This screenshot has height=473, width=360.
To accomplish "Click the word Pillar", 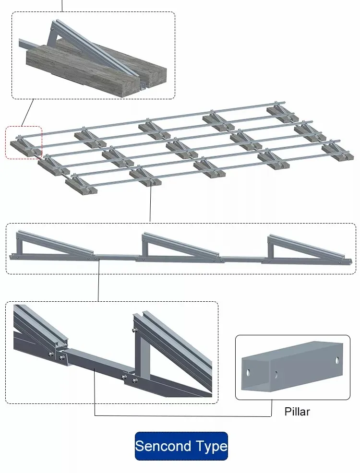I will tap(297, 412).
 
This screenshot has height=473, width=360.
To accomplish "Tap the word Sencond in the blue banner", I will tap(163, 446).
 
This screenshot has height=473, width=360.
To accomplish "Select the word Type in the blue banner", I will tap(211, 447).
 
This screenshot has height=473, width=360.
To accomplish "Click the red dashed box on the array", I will tap(24, 142).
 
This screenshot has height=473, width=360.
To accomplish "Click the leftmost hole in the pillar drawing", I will tap(249, 372).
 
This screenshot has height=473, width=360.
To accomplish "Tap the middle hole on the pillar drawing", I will tap(276, 375).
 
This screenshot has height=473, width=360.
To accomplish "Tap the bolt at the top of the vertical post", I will tap(136, 330).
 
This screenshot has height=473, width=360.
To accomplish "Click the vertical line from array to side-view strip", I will tap(151, 201).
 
